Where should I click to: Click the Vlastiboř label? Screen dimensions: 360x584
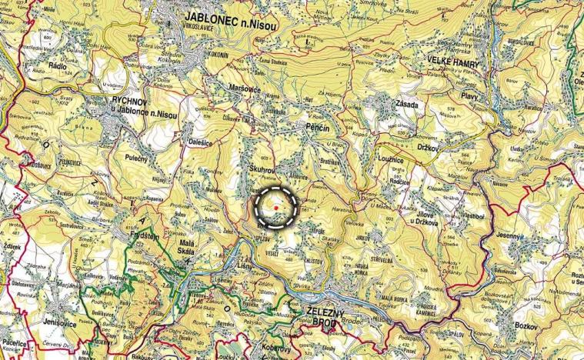479,216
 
